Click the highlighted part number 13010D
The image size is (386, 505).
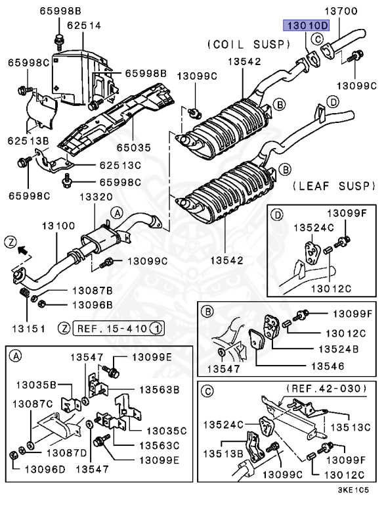point(305,26)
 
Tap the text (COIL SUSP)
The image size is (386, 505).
point(248,44)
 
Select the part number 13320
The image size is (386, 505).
point(97,197)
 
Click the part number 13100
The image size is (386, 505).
point(58,226)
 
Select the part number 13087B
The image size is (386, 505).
point(92,290)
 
